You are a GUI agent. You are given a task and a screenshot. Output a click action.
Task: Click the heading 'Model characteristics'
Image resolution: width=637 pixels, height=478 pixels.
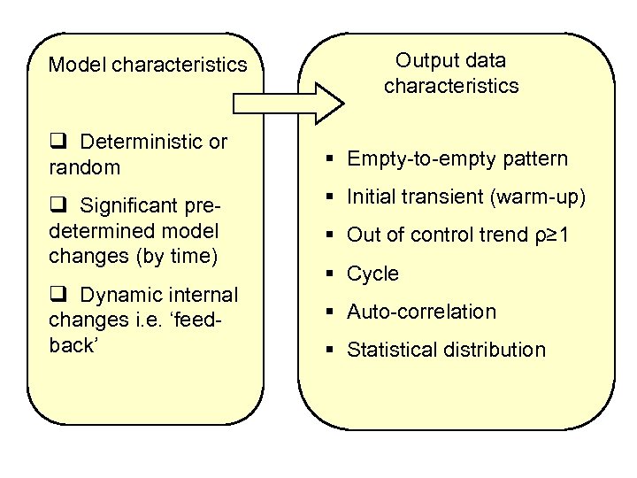[148, 65]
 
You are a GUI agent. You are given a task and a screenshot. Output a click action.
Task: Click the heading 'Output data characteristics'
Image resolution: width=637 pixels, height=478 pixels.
[450, 73]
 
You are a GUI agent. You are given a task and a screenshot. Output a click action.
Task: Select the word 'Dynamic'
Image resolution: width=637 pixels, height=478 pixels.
[115, 295]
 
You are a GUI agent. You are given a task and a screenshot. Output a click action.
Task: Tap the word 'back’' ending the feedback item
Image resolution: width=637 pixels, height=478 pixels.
[73, 344]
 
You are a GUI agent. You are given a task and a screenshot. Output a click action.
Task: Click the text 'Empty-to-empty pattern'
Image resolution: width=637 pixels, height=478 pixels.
[457, 159]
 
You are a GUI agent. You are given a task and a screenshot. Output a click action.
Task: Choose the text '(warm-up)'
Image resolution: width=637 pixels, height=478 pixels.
[537, 197]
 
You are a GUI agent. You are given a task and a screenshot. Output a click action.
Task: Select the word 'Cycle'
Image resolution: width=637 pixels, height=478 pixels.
[372, 274]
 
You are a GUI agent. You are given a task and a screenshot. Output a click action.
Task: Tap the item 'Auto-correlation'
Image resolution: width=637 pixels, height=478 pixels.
[421, 312]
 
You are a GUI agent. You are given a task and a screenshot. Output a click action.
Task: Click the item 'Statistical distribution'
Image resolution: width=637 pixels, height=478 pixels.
[446, 350]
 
